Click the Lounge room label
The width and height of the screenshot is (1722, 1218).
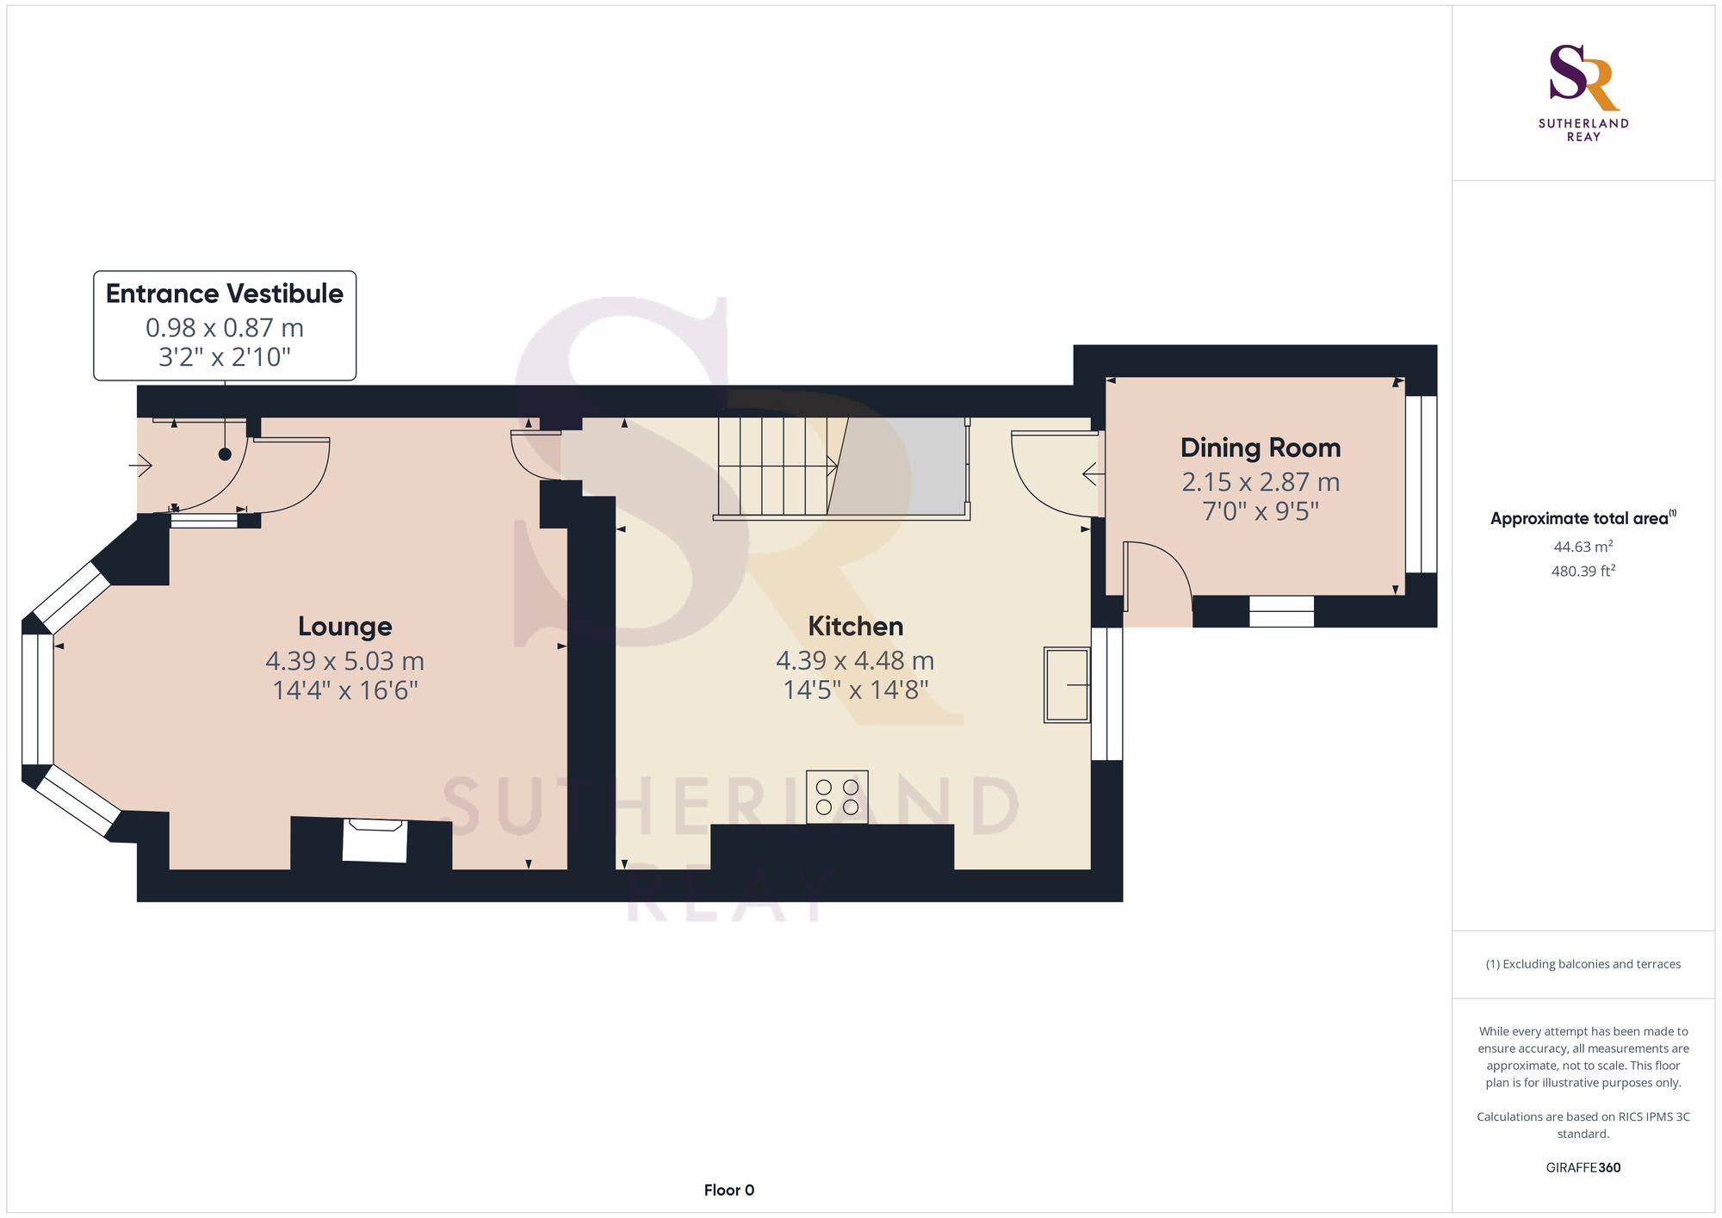coord(344,626)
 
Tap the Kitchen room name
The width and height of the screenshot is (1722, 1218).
coord(855,626)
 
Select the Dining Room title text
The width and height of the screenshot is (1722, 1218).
coord(1261,448)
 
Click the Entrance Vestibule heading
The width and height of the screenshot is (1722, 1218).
coord(225,294)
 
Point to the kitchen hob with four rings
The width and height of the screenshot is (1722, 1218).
coord(837,797)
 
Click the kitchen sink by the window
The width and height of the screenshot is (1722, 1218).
coord(1067,684)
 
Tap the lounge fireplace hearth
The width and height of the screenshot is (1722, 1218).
coord(375,840)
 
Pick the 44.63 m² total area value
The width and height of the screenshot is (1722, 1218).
coord(1583,547)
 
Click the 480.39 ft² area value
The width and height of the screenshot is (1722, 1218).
coord(1583,571)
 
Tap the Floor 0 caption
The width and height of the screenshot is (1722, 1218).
coord(729,1190)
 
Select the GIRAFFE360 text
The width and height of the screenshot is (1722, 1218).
coord(1583,1168)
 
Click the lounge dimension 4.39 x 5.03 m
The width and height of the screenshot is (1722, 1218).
coord(344,661)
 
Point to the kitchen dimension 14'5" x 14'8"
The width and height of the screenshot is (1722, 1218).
coord(855,690)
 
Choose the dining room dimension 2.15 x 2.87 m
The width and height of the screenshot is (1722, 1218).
coord(1261,482)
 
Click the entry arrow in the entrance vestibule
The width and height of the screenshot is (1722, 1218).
coord(140,466)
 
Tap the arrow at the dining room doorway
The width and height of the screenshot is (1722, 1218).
coord(1093,473)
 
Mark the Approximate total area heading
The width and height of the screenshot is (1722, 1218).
coord(1583,518)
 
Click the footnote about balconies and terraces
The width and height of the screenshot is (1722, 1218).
coord(1583,964)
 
